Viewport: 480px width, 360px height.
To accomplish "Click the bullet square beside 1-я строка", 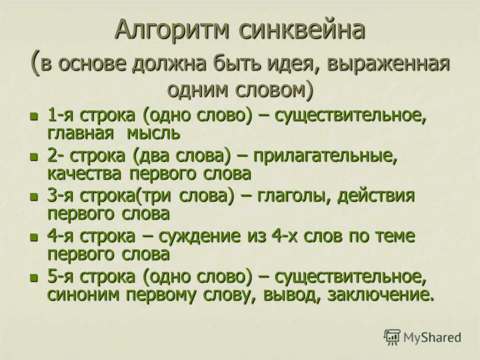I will pos(34,116).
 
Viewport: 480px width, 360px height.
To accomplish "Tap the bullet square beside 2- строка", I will pos(34,156).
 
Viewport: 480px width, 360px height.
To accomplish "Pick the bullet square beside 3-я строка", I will pos(34,196).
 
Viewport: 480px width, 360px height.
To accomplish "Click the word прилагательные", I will pos(325,155).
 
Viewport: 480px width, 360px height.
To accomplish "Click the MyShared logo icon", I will pos(392,336).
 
